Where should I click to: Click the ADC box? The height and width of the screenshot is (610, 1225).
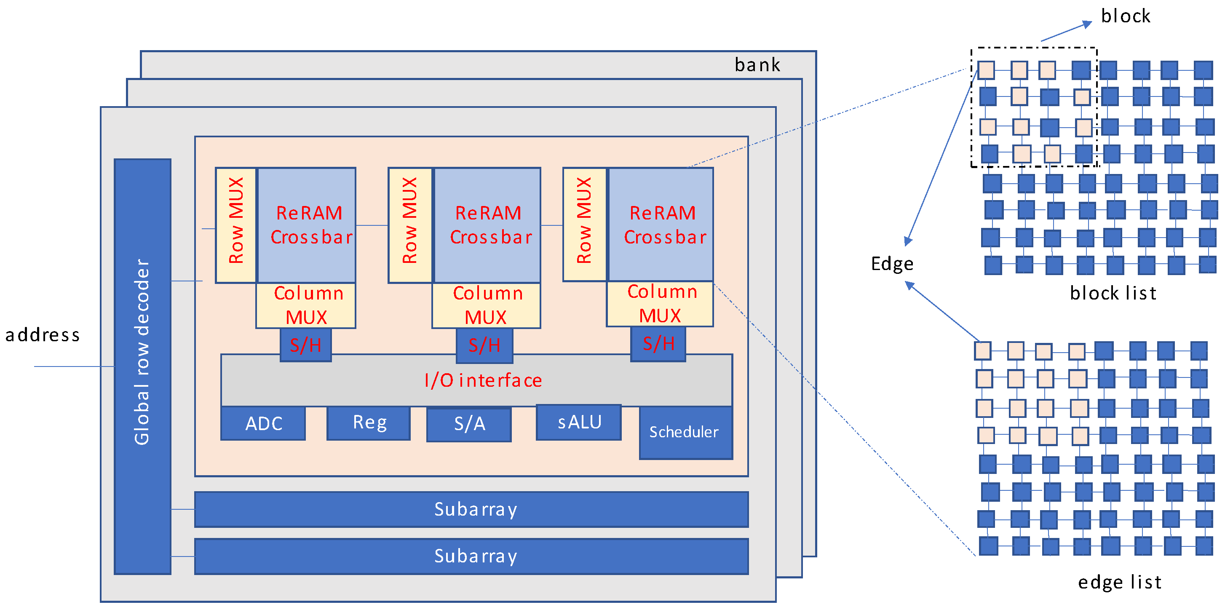click(263, 423)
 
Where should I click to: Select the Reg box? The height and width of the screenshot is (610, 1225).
click(369, 422)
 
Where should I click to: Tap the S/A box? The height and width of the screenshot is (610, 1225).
click(469, 424)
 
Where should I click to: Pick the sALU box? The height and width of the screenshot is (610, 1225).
click(578, 422)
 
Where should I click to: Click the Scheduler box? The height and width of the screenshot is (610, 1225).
click(685, 432)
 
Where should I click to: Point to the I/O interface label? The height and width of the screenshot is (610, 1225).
click(483, 380)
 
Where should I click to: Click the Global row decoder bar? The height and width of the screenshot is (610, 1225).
click(142, 366)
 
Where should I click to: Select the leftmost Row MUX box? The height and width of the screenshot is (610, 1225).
click(236, 225)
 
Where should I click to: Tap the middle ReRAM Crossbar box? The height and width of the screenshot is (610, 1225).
click(488, 225)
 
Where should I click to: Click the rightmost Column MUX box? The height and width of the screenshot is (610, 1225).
click(660, 304)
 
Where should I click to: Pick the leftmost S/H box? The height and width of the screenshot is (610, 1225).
click(305, 345)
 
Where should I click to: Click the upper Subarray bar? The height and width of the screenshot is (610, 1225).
click(471, 509)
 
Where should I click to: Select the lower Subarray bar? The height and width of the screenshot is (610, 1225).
click(471, 556)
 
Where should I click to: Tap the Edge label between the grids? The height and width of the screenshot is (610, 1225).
click(892, 264)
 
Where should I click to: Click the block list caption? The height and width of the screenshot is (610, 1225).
click(1113, 293)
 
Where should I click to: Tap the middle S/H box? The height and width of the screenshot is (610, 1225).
click(484, 345)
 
